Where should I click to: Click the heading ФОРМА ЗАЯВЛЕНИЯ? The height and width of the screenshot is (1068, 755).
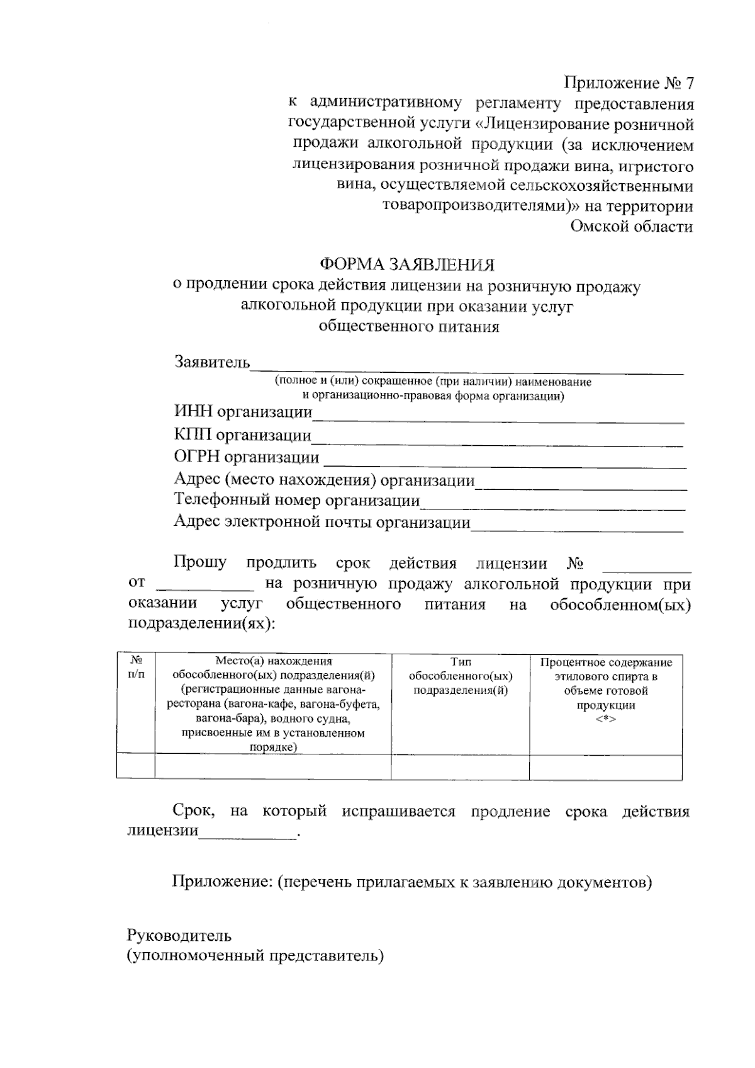click(407, 264)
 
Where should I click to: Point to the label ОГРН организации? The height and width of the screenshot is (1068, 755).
click(246, 458)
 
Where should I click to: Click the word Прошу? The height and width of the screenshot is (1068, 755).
click(200, 563)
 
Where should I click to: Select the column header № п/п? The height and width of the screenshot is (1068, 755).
click(136, 669)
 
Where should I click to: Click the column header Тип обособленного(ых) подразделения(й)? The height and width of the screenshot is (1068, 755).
click(461, 676)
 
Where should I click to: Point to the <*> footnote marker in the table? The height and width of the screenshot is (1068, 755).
click(605, 719)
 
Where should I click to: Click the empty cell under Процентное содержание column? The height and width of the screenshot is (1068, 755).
click(605, 767)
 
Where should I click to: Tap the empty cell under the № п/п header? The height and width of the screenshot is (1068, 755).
click(136, 767)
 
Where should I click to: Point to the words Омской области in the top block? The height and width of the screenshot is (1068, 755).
click(631, 227)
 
